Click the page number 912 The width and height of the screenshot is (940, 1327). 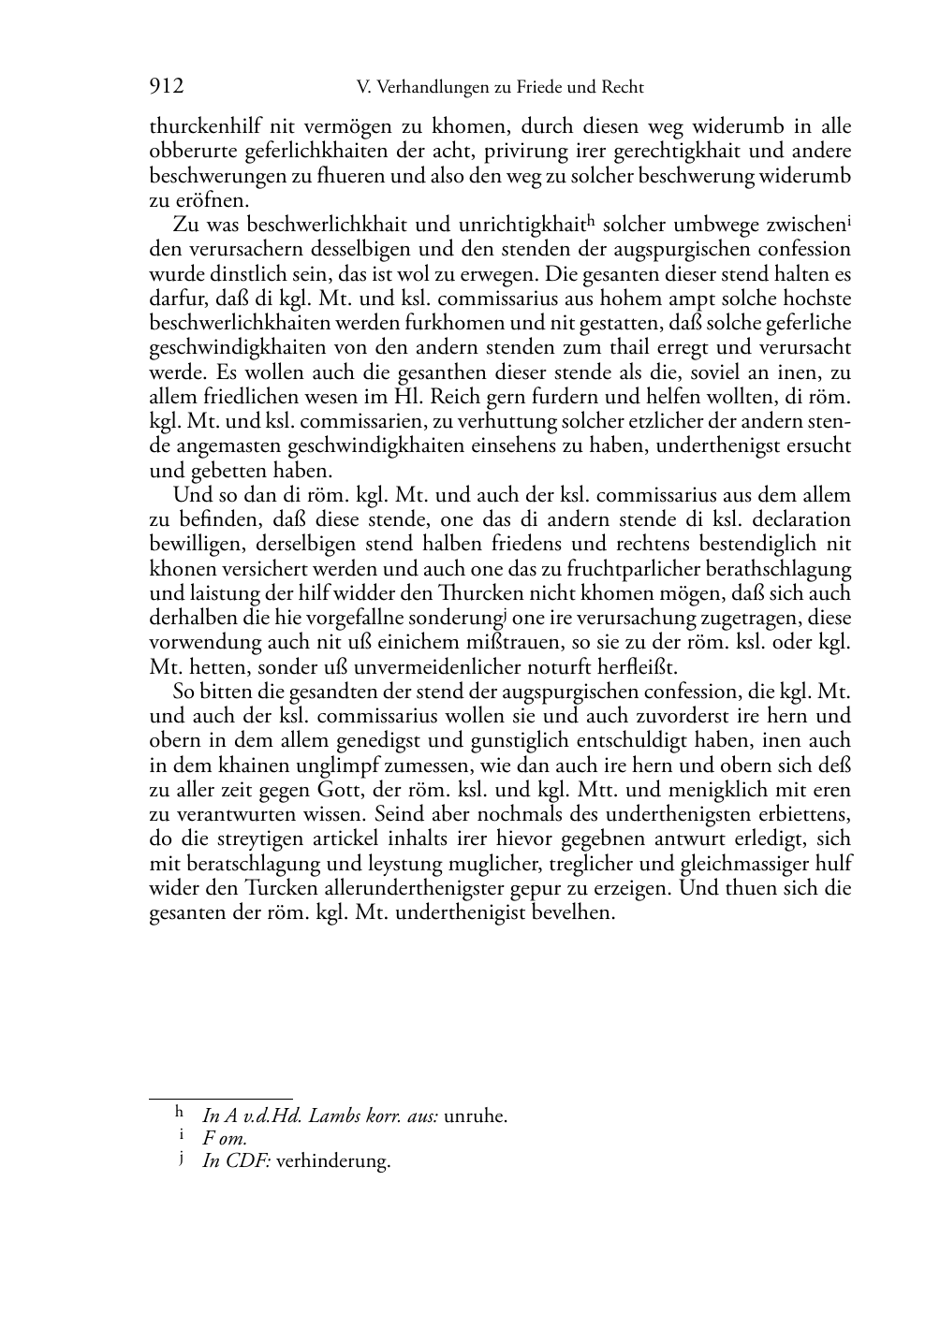[166, 87]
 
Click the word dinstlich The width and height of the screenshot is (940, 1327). [246, 274]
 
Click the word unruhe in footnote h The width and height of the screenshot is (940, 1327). [475, 1116]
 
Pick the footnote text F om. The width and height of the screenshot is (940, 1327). [225, 1139]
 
